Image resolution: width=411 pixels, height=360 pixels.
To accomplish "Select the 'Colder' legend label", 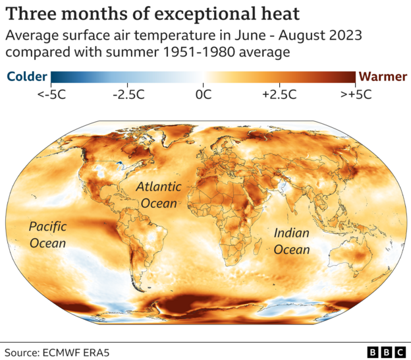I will [26, 76].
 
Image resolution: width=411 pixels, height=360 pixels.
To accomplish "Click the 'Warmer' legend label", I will [383, 76].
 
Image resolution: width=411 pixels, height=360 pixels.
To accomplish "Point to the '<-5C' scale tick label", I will [51, 94].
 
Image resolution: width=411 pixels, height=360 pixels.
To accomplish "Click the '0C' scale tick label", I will [203, 94].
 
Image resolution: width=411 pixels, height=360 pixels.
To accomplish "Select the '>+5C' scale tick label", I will [356, 94].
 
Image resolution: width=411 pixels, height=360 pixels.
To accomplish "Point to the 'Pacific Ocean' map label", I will [47, 235].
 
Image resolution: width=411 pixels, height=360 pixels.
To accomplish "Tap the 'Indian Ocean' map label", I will [291, 241].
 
